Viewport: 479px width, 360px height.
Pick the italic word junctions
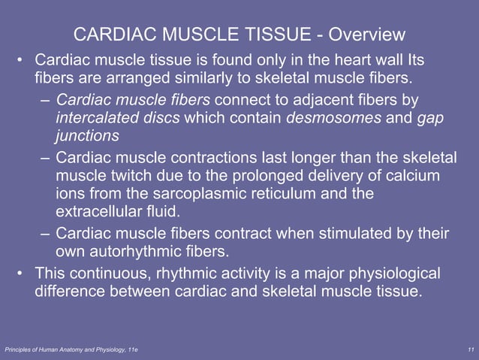tap(87, 137)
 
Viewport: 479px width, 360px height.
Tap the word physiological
tap(386, 272)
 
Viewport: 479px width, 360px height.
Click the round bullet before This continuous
tap(21, 272)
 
